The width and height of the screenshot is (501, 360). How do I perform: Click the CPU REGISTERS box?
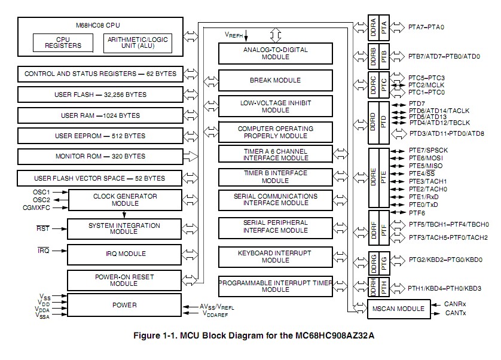[63, 43]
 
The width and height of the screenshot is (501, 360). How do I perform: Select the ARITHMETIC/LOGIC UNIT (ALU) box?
[138, 43]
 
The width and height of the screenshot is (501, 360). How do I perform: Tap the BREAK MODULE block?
[276, 80]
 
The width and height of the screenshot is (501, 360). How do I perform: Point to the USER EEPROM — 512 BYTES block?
[100, 136]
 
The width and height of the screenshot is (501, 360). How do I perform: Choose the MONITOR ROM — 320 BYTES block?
[100, 156]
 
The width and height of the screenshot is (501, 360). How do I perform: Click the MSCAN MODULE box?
[399, 309]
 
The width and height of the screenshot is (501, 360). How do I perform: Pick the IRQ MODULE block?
[124, 254]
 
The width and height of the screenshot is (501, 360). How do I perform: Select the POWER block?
[124, 306]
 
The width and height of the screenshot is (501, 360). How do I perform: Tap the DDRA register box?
[373, 28]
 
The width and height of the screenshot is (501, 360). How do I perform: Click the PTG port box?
[384, 264]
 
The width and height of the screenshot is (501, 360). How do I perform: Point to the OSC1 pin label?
[41, 192]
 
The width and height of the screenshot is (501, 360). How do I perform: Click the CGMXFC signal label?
[36, 208]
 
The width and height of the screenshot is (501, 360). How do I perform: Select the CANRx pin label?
[455, 304]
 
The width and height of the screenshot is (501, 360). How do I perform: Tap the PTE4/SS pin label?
[421, 173]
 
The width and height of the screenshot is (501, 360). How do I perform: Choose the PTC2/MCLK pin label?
[426, 85]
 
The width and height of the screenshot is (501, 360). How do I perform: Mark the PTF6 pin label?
[417, 213]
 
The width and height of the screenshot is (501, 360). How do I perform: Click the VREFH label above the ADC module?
[234, 35]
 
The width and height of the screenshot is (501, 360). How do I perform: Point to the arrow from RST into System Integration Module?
[60, 229]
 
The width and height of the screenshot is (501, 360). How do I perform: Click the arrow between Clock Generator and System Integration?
[124, 215]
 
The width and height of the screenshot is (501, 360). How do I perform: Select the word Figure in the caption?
[146, 335]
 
